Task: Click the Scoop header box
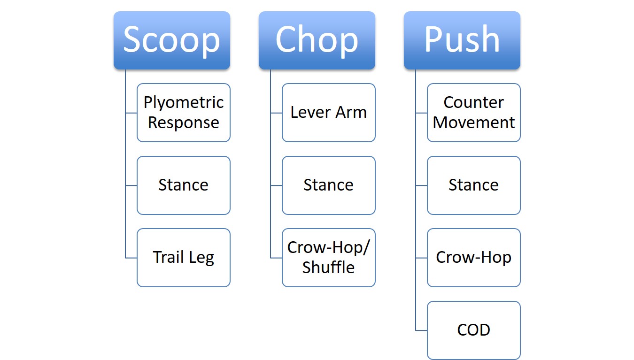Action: (x=172, y=40)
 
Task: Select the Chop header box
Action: (x=317, y=40)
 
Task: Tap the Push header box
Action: (x=462, y=40)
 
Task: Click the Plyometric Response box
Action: (x=184, y=113)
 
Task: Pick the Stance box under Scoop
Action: (x=184, y=185)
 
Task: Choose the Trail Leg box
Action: (x=184, y=258)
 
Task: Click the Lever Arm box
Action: (x=329, y=113)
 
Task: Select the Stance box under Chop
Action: (x=329, y=185)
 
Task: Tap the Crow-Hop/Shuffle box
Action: (x=329, y=258)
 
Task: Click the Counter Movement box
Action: (x=474, y=113)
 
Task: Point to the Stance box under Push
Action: (x=474, y=185)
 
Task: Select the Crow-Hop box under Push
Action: (x=474, y=258)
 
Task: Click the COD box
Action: (x=474, y=330)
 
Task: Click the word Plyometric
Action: (x=184, y=103)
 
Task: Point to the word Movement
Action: (x=474, y=123)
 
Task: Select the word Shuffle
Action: (x=328, y=267)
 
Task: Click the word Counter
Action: (x=474, y=102)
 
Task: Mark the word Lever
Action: (x=310, y=112)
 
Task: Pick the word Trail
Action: (x=169, y=257)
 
